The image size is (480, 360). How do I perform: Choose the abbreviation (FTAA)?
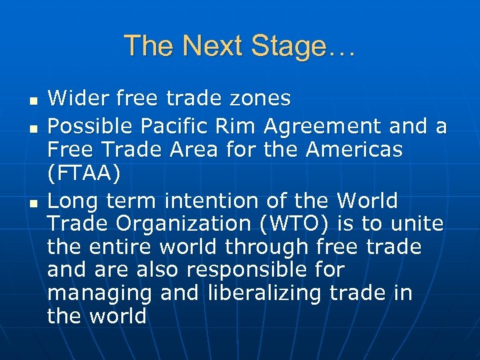(84, 173)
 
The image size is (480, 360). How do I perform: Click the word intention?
(231, 200)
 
